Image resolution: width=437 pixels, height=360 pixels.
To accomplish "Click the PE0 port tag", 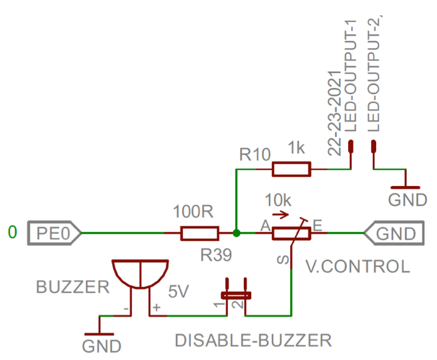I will click(x=54, y=232).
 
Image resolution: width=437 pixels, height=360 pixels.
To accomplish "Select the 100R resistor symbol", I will click(x=199, y=232).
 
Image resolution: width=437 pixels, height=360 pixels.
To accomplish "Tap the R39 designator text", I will click(x=216, y=256).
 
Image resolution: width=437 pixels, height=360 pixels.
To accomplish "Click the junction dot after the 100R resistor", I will click(x=236, y=232).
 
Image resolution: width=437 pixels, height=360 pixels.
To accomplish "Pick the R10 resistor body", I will click(x=291, y=169).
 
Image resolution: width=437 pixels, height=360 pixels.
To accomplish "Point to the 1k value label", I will click(x=297, y=148).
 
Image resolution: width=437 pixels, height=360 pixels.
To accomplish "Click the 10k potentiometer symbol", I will click(x=292, y=232).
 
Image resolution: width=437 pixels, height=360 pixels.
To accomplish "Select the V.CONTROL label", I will click(x=357, y=267).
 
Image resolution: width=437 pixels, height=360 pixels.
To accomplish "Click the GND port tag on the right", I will click(x=393, y=232).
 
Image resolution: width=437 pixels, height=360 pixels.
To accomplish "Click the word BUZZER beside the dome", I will click(x=73, y=287).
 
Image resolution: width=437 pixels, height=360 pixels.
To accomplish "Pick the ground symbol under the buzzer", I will click(x=99, y=333).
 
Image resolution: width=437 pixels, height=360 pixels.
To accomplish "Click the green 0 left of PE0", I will click(x=13, y=232).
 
